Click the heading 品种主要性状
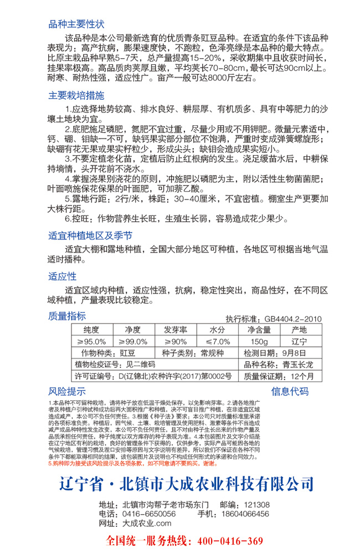[76, 24]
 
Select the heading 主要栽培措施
[76, 95]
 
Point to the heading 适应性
[63, 276]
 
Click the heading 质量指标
[67, 316]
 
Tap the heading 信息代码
[290, 391]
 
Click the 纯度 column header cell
[92, 330]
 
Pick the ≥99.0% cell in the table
[133, 341]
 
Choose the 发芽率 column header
[175, 330]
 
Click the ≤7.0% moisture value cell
[217, 341]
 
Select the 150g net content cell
[259, 341]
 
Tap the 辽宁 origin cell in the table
[299, 341]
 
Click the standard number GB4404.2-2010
[293, 319]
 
